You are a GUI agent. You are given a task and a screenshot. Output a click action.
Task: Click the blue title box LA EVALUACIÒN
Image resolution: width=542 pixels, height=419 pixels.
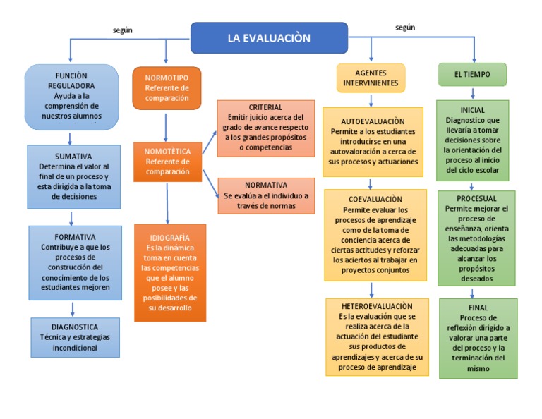[x=269, y=38]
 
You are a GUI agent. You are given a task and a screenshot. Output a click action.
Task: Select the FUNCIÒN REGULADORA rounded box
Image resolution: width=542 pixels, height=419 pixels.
[x=71, y=97]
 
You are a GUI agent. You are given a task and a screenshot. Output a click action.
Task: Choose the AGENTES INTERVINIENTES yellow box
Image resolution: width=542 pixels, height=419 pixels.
[x=371, y=78]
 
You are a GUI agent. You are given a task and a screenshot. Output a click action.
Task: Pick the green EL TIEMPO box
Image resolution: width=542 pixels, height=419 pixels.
[x=472, y=74]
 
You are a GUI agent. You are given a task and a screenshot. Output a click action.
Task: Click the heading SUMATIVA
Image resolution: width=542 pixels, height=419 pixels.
[x=73, y=156]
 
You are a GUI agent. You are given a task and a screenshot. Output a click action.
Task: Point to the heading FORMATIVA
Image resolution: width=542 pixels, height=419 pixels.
[x=74, y=237]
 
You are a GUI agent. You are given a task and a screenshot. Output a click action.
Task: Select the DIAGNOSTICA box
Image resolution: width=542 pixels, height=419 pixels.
[x=75, y=336]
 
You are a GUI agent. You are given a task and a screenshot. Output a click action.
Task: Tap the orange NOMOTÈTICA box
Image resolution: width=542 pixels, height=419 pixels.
[x=167, y=162]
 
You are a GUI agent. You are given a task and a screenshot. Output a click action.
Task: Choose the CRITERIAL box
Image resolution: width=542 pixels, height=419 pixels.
[x=265, y=128]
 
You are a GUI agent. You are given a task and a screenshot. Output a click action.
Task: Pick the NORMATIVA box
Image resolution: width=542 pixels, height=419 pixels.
[x=265, y=195]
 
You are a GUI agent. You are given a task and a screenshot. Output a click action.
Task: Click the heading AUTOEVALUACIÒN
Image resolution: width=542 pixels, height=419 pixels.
[x=373, y=121]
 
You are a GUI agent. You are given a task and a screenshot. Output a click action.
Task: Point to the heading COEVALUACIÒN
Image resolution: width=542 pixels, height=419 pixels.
[x=375, y=200]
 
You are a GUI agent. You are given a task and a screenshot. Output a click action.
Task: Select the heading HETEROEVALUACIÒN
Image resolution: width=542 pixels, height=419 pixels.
[x=377, y=306]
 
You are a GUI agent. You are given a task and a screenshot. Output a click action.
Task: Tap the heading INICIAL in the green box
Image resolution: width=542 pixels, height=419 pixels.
[x=472, y=111]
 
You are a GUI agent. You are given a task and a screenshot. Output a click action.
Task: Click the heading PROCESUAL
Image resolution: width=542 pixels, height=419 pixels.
[x=476, y=199]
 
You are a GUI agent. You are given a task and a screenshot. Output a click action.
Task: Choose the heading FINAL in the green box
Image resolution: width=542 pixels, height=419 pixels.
[x=478, y=308]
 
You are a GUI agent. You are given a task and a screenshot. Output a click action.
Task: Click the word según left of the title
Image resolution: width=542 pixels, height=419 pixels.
[x=123, y=30]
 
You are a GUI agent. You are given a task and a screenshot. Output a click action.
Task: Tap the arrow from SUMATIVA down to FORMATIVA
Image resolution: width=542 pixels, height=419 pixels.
[x=71, y=217]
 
